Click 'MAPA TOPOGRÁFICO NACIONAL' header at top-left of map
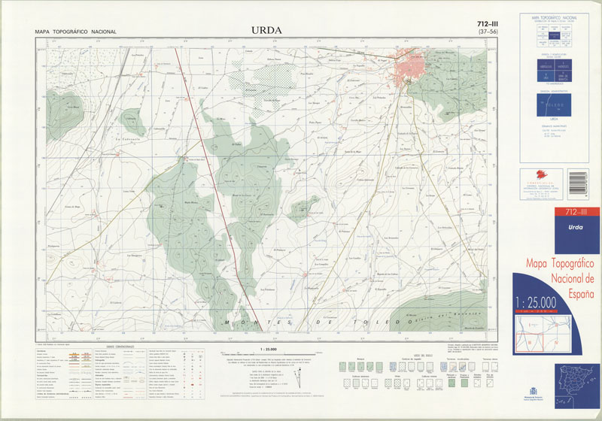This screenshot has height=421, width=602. point(75,32)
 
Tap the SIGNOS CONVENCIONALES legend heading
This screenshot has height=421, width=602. point(120,347)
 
